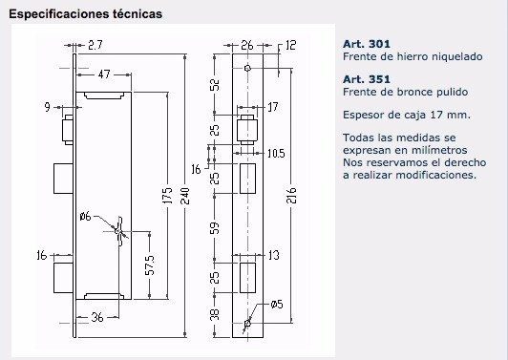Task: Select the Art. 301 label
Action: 367,44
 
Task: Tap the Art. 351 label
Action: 367,79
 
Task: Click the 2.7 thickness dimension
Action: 95,45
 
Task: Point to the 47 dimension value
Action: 104,74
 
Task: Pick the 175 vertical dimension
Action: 167,196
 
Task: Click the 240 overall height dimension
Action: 185,196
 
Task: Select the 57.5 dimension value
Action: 150,265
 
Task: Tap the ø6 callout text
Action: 86,216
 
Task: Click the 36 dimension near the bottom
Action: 97,317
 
